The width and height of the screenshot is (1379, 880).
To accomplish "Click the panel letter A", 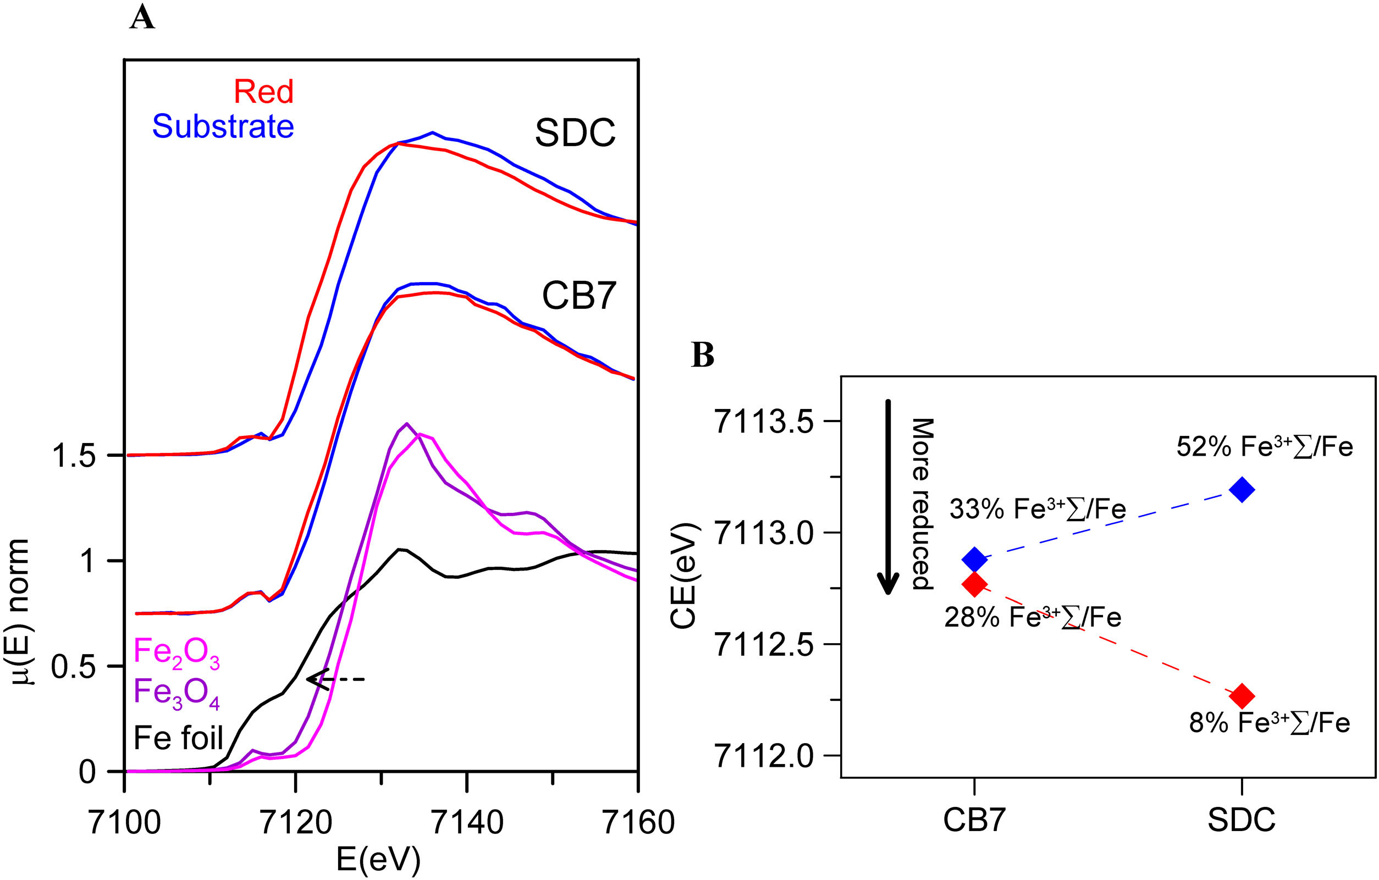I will pos(142,18).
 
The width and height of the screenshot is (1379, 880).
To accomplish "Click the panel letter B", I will pos(703,356).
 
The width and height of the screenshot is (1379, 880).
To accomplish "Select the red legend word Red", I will pos(263,92).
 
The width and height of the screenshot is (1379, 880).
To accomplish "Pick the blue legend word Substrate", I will pos(223,126).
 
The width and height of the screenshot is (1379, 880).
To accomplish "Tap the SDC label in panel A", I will pos(575,133).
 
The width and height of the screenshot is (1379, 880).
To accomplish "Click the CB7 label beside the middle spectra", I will pos(578,296).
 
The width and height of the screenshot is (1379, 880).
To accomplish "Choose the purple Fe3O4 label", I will pos(176,693).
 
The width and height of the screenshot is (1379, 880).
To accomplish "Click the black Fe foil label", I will pos(178,738).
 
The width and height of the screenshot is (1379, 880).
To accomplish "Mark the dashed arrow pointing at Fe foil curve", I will pos(335,679).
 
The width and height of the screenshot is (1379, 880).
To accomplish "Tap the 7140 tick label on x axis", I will pos(467,823).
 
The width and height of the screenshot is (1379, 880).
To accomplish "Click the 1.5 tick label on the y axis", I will pos(73,456).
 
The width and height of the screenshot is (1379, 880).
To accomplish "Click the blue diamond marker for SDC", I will pos(1242,490).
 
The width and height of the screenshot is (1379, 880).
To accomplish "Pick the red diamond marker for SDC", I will pos(1242,696).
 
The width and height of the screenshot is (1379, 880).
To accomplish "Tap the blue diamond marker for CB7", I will pos(974,558).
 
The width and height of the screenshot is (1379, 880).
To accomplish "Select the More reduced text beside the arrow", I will pos(922,504).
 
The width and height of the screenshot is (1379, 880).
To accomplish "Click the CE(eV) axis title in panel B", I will pos(684,576).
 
